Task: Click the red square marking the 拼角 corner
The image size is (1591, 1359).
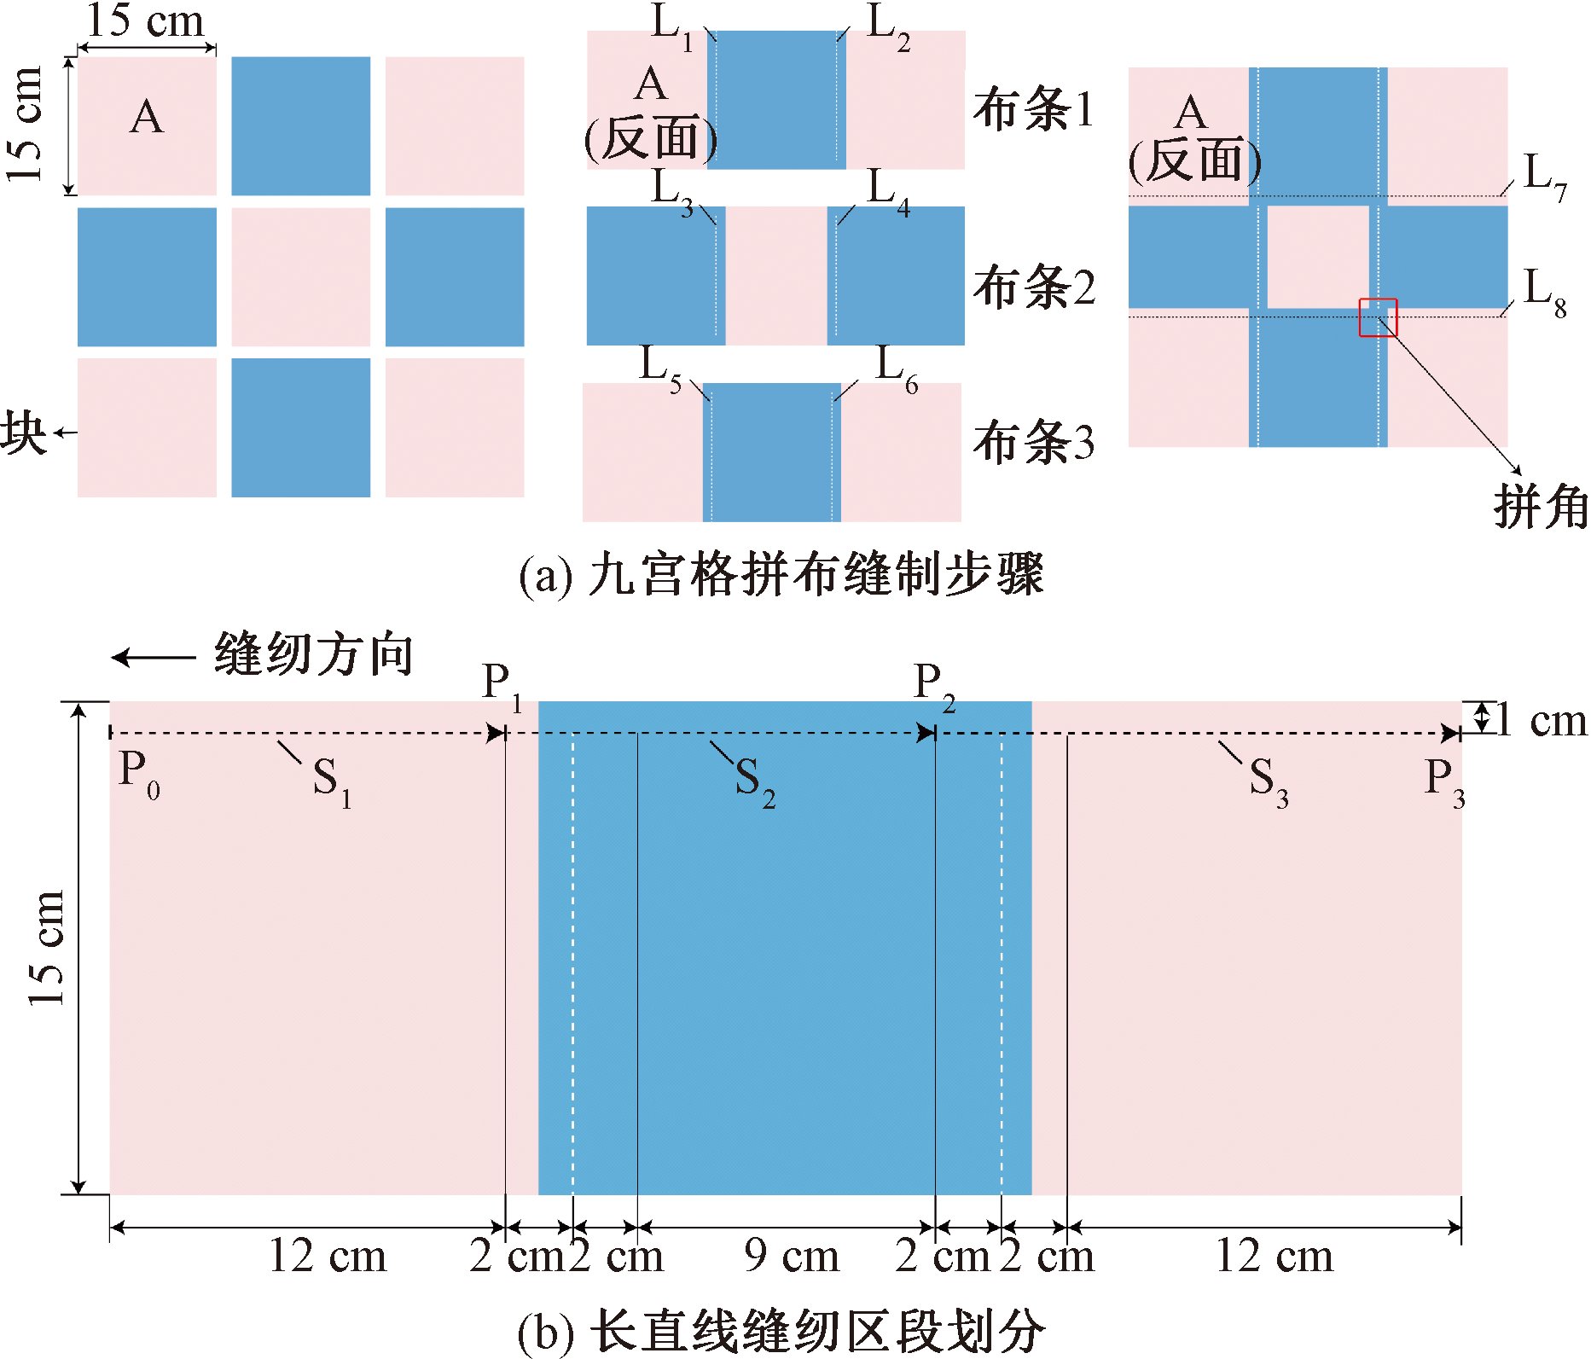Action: (x=1378, y=317)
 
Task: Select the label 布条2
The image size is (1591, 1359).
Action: (x=1033, y=287)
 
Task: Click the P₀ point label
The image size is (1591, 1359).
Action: (x=139, y=773)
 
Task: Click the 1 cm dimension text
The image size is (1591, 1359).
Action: (x=1540, y=721)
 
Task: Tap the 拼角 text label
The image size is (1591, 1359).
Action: (x=1541, y=507)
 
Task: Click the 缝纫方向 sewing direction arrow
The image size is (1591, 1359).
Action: (x=154, y=658)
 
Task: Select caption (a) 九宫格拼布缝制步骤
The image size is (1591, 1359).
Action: (x=781, y=574)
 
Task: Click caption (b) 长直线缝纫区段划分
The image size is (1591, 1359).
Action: (x=781, y=1331)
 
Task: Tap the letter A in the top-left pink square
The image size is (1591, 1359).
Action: (x=147, y=117)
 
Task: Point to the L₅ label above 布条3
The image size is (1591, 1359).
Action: (x=661, y=369)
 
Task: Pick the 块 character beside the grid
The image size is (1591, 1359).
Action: (x=23, y=433)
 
